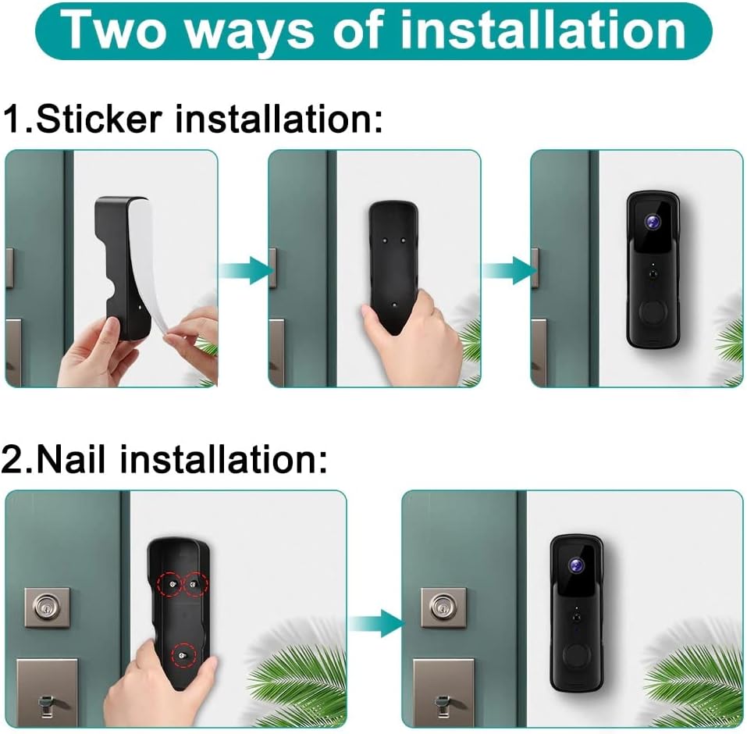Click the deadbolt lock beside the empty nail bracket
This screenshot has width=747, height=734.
pyautogui.click(x=46, y=608)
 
